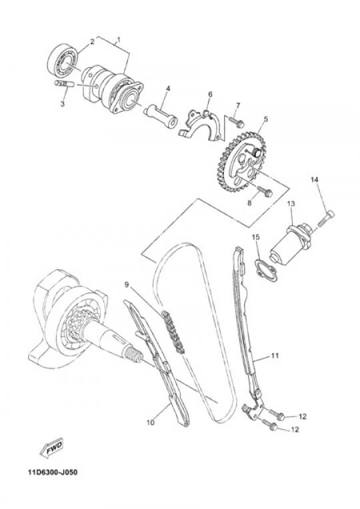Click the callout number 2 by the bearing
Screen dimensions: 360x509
[92, 41]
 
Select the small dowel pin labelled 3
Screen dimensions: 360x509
[64, 84]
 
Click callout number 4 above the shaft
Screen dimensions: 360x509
[168, 89]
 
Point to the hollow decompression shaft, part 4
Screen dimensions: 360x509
[161, 116]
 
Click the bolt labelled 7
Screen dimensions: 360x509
[236, 122]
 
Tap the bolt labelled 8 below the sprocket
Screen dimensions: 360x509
[265, 191]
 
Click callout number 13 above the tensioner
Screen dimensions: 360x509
[291, 204]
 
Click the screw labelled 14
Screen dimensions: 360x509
[325, 219]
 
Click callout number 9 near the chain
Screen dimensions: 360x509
[127, 285]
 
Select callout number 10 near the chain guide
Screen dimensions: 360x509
[151, 422]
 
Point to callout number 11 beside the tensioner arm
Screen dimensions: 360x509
[275, 356]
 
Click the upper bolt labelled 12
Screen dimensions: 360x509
[277, 414]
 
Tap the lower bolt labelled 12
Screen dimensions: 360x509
[269, 424]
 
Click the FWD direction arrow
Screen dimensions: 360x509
[51, 448]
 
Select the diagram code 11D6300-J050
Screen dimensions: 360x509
[53, 472]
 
